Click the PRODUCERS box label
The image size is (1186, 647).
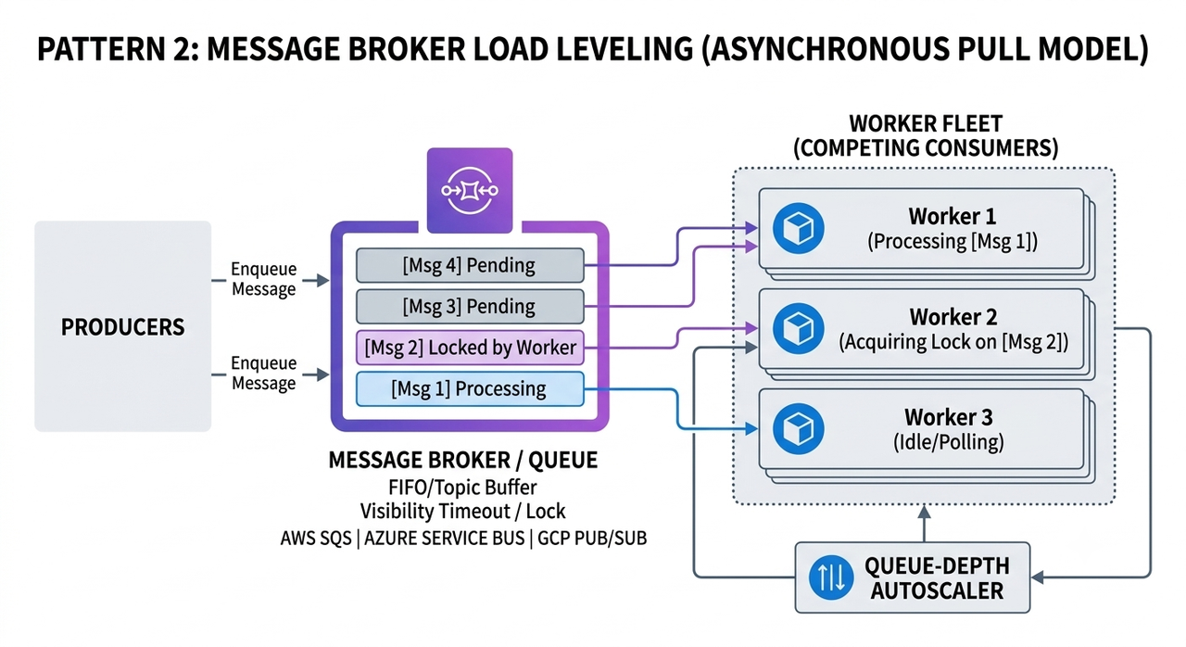click(x=123, y=326)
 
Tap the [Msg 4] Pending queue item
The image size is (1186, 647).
click(x=470, y=265)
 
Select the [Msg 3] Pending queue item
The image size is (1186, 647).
click(x=470, y=307)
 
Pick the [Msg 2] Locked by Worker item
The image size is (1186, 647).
click(x=470, y=348)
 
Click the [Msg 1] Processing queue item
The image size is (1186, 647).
click(x=470, y=389)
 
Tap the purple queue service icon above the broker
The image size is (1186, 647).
click(x=470, y=191)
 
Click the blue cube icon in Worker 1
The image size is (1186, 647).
click(x=798, y=228)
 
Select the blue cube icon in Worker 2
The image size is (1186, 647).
click(x=798, y=328)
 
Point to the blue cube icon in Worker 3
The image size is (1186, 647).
click(x=798, y=429)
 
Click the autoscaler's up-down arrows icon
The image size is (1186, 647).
click(x=831, y=577)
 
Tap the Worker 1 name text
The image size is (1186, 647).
click(x=952, y=217)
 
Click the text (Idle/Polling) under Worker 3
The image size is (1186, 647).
click(x=948, y=442)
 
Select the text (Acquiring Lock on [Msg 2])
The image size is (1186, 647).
click(x=953, y=342)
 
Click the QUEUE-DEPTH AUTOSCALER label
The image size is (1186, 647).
click(x=937, y=578)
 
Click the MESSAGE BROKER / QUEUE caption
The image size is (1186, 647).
click(x=462, y=460)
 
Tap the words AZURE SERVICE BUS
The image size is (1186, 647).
click(x=444, y=539)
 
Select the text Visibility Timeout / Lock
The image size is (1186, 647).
click(x=462, y=512)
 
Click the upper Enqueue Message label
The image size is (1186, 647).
click(x=264, y=279)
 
